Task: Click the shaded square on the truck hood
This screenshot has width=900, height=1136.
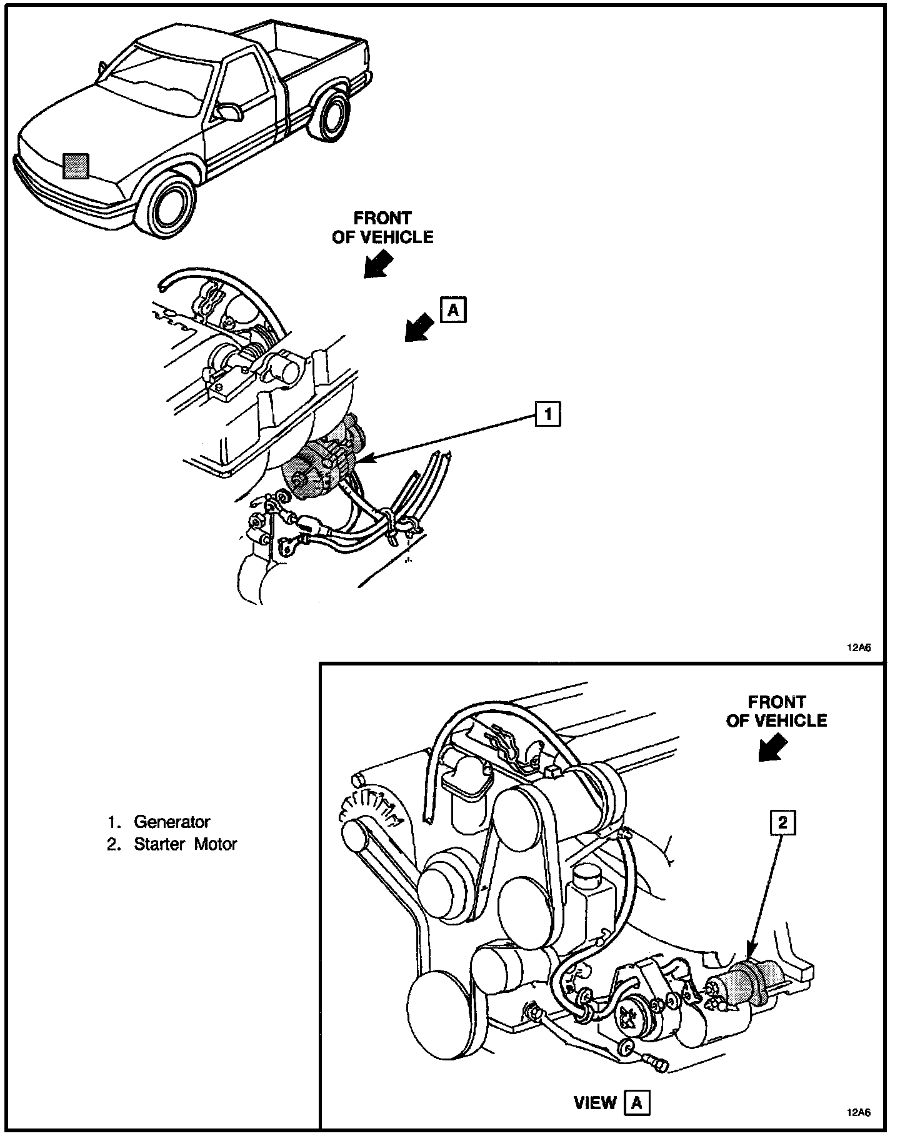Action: pyautogui.click(x=76, y=165)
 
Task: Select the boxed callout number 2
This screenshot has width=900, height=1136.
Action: pyautogui.click(x=782, y=823)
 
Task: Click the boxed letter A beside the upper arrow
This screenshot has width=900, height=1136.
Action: pyautogui.click(x=453, y=309)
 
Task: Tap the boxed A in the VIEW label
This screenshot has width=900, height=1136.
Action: pyautogui.click(x=636, y=1103)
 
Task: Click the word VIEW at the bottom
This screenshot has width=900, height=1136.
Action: pyautogui.click(x=595, y=1104)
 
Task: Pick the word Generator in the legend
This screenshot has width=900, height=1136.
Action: pyautogui.click(x=172, y=822)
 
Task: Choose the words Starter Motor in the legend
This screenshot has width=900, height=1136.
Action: pyautogui.click(x=186, y=844)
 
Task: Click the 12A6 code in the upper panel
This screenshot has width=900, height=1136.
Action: pyautogui.click(x=859, y=648)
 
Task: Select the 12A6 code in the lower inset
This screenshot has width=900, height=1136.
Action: pyautogui.click(x=859, y=1112)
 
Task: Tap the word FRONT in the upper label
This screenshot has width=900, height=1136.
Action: pyautogui.click(x=382, y=218)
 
